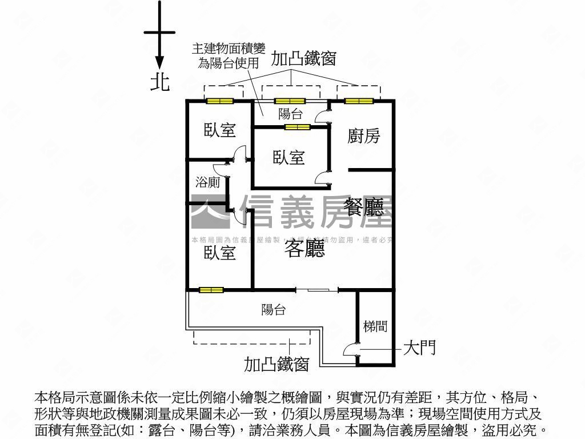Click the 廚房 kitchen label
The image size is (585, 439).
pos(364,135)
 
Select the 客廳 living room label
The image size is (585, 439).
pos(304,248)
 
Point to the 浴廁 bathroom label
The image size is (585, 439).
pos(208,183)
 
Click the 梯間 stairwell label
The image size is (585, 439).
pos(375,326)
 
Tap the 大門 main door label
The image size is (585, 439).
pos(420,348)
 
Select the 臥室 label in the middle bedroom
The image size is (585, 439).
pos(289,157)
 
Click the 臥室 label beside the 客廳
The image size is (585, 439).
pos(220,252)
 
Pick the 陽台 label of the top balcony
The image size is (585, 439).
pos(290,113)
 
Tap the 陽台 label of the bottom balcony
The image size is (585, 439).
pos(273,310)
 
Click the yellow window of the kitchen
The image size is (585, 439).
pos(359,101)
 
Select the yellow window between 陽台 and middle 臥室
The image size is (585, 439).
pos(297,127)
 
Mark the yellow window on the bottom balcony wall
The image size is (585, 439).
pos(211,290)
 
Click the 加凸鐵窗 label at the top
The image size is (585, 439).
pos(303,58)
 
